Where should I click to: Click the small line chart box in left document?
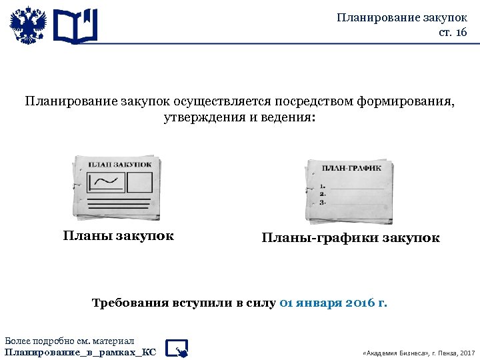point(106,181)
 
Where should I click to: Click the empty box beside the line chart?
point(139,181)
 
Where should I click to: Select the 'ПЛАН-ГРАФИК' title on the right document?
point(352,169)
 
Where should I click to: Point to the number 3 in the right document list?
point(323,202)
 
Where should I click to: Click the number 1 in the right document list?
point(323,186)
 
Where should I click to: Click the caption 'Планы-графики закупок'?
point(350,238)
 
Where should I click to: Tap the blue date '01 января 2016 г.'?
point(333,303)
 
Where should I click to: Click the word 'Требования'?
point(129,303)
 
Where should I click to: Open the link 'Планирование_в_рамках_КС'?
point(81,351)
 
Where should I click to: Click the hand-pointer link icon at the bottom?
point(177,347)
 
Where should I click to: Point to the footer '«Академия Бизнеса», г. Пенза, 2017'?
point(417,352)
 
